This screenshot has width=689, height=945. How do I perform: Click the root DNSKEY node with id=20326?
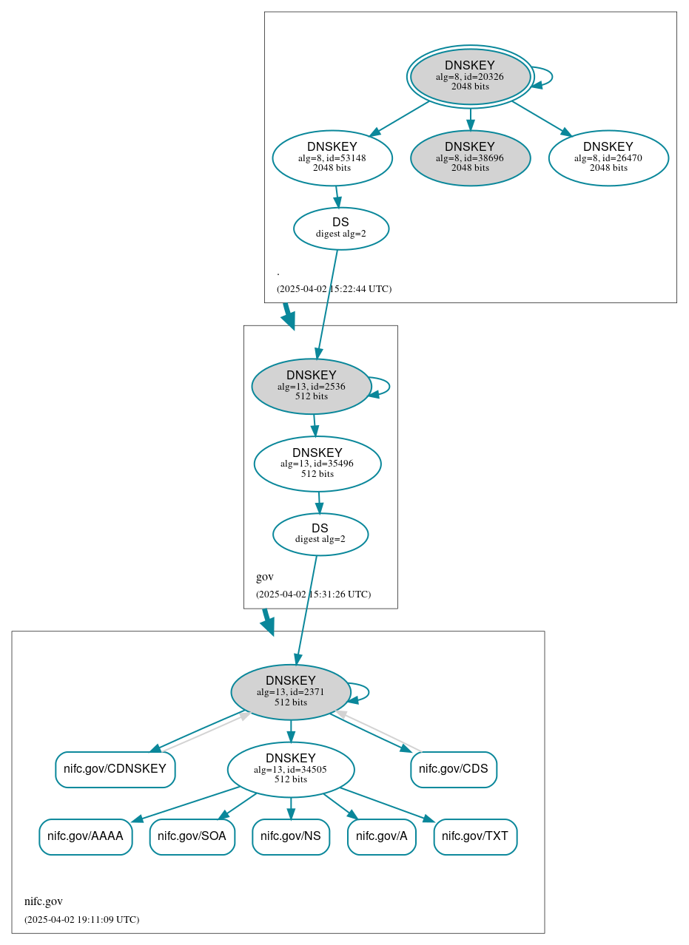pyautogui.click(x=470, y=76)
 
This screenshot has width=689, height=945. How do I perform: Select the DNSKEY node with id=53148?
pyautogui.click(x=332, y=157)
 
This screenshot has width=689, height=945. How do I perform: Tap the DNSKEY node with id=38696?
pyautogui.click(x=470, y=157)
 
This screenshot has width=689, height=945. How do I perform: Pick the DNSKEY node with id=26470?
pyautogui.click(x=608, y=157)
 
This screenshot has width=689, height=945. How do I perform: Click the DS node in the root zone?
pyautogui.click(x=341, y=228)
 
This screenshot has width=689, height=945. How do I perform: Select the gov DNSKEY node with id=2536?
pyautogui.click(x=312, y=386)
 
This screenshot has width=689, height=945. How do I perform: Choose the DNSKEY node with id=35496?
pyautogui.click(x=317, y=464)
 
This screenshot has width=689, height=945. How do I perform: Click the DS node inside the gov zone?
pyautogui.click(x=320, y=534)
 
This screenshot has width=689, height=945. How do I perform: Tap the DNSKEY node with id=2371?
pyautogui.click(x=291, y=691)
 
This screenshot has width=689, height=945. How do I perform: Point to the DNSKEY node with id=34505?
pyautogui.click(x=291, y=769)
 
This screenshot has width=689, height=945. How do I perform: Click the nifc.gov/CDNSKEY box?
pyautogui.click(x=115, y=769)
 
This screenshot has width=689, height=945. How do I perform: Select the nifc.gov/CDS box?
pyautogui.click(x=454, y=769)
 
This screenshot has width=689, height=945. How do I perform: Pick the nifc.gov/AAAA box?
pyautogui.click(x=85, y=836)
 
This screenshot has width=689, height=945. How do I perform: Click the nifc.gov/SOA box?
pyautogui.click(x=192, y=836)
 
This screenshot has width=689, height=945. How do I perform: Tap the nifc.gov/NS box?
pyautogui.click(x=291, y=836)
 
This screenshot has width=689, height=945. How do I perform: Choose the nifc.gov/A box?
pyautogui.click(x=382, y=836)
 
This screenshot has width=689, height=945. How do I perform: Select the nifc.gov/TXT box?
pyautogui.click(x=475, y=836)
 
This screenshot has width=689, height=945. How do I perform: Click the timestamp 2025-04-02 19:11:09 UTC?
pyautogui.click(x=81, y=919)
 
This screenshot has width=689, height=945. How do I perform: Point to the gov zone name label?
pyautogui.click(x=265, y=577)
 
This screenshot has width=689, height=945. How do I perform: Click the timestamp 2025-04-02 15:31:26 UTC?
pyautogui.click(x=313, y=594)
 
